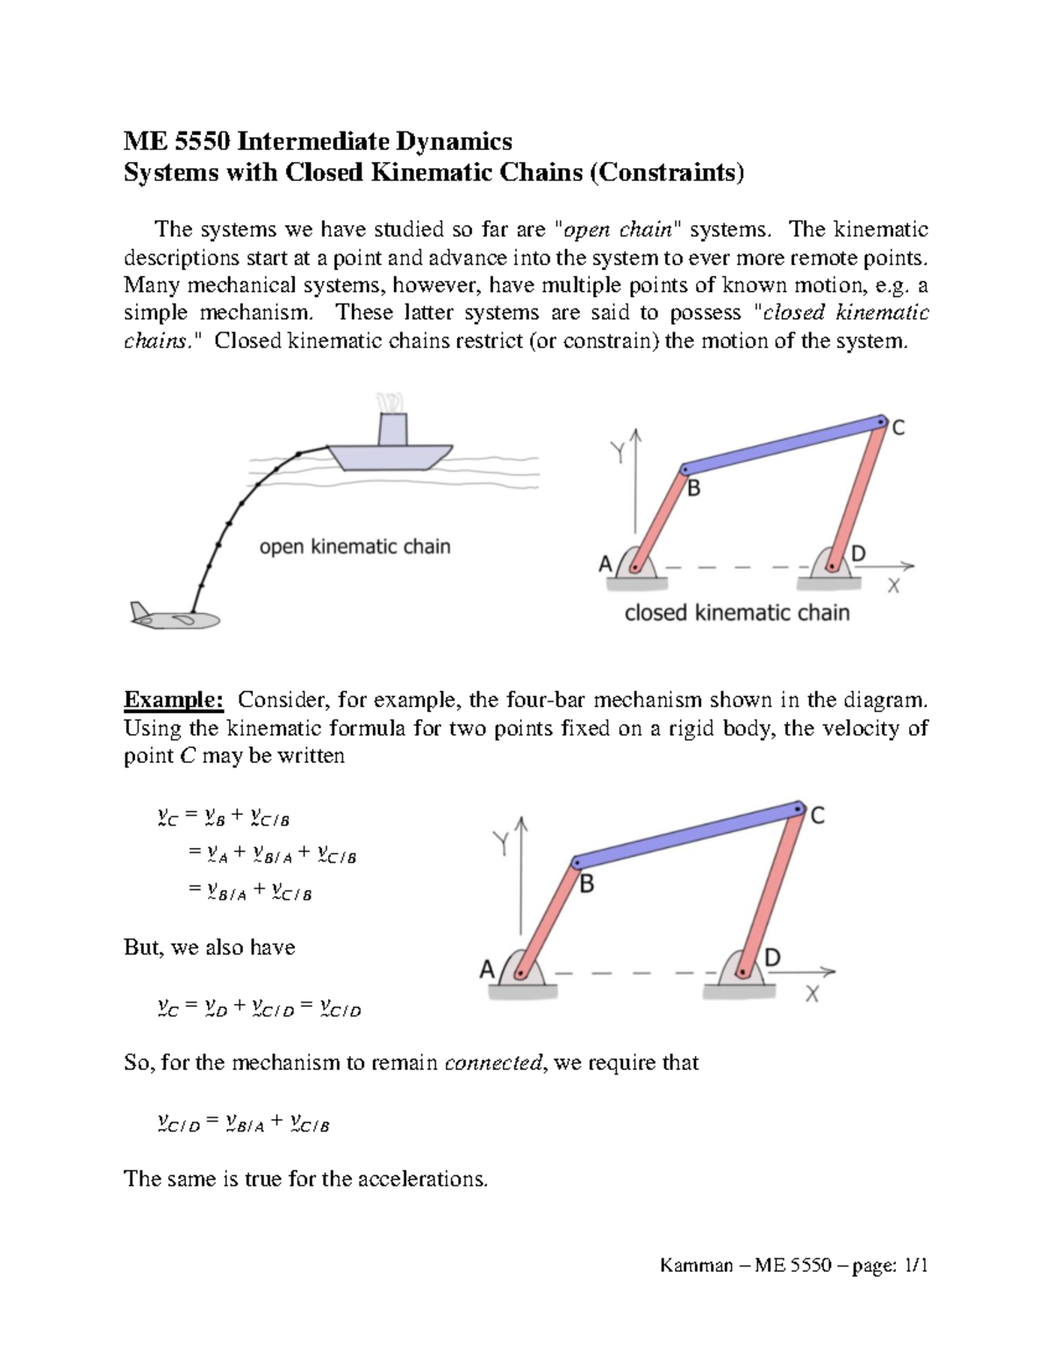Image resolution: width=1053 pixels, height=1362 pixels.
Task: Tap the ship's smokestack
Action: click(x=392, y=430)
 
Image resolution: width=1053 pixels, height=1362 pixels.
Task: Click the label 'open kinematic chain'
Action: click(x=355, y=546)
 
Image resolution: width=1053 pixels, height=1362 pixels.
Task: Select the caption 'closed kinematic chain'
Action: click(x=736, y=612)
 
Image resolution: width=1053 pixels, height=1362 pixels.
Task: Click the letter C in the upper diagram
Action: click(x=899, y=429)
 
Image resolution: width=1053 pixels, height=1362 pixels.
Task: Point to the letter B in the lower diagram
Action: click(x=587, y=884)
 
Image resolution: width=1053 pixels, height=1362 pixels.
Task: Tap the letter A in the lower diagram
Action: click(x=487, y=970)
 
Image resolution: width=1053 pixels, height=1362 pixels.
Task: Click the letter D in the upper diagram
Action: click(x=858, y=553)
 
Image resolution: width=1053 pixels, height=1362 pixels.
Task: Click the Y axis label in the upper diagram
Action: click(x=619, y=453)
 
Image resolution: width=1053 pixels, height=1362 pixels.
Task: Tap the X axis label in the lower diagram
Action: click(x=813, y=995)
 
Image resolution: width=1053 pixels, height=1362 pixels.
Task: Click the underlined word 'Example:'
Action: click(x=174, y=700)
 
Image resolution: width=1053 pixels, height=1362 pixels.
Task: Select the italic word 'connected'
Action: click(x=493, y=1063)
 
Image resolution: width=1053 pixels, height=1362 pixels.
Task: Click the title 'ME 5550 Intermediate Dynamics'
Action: click(x=318, y=141)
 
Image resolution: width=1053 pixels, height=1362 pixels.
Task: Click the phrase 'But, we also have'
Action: click(x=210, y=947)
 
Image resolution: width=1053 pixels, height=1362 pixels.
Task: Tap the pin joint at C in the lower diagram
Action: click(x=798, y=808)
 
